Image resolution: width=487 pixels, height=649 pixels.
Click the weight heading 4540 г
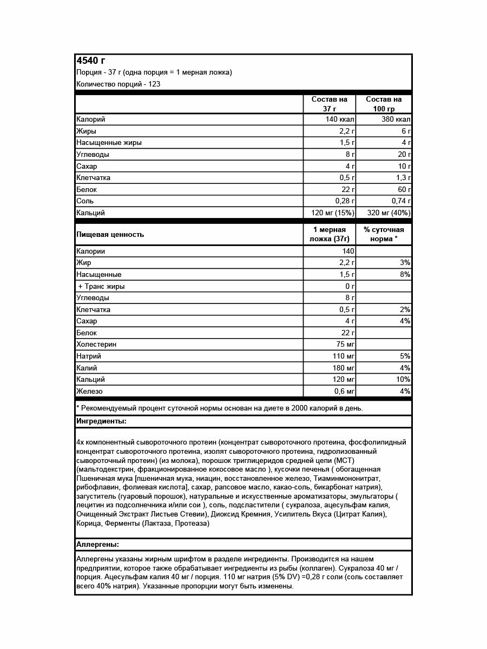click(91, 60)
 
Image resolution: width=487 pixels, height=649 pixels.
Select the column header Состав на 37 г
click(330, 104)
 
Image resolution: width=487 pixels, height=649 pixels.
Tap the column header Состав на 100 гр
click(384, 104)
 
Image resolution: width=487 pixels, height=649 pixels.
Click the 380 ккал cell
click(396, 120)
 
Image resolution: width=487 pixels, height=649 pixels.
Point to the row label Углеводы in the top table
click(93, 155)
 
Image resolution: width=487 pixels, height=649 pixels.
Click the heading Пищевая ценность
click(110, 235)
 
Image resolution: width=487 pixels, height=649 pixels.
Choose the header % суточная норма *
click(384, 234)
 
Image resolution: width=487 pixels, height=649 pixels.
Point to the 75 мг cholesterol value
click(344, 345)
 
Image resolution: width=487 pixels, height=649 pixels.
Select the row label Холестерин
click(96, 345)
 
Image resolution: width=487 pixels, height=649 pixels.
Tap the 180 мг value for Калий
click(342, 368)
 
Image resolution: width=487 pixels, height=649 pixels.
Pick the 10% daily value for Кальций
click(403, 380)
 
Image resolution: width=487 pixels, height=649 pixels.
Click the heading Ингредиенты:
click(102, 421)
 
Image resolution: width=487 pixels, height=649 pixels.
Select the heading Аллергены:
click(98, 544)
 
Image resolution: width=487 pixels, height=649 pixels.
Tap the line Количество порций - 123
click(119, 84)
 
